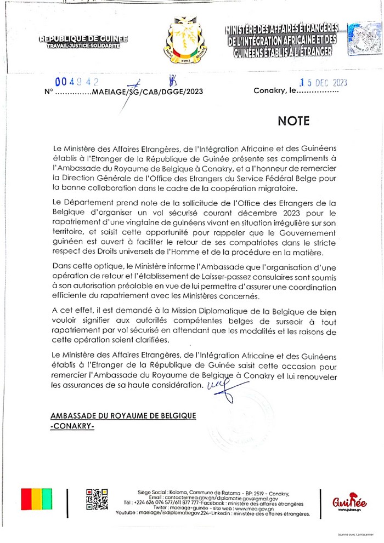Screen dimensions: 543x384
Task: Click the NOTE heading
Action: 293,121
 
